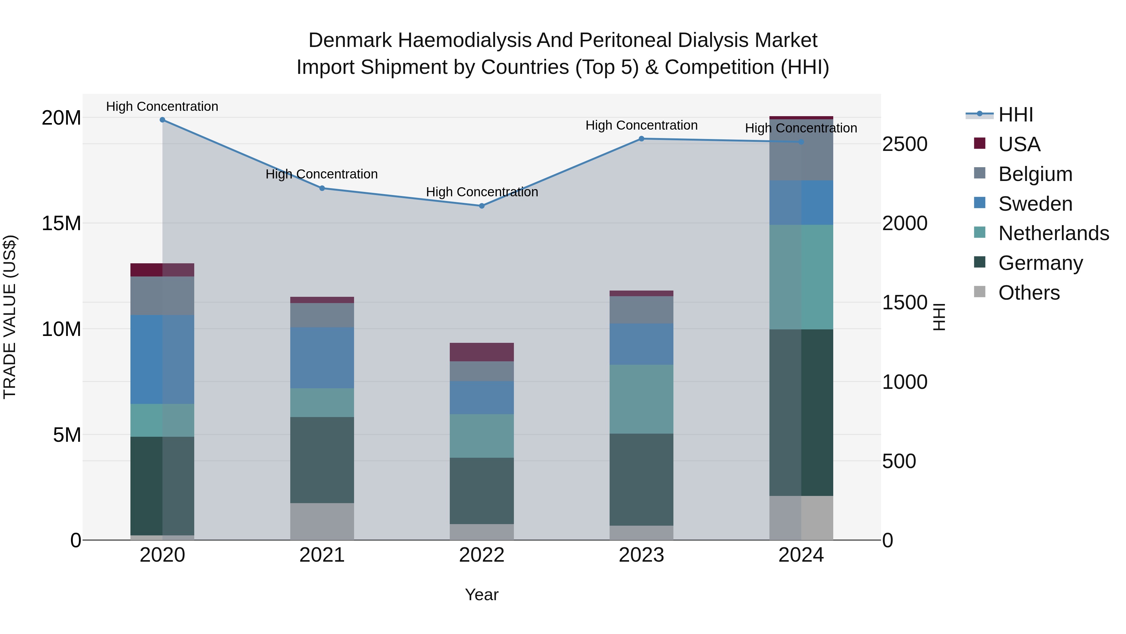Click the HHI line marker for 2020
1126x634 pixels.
[162, 120]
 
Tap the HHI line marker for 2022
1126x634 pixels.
[482, 206]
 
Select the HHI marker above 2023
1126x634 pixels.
[641, 139]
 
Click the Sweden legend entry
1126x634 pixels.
[1035, 204]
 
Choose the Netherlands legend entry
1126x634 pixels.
[1053, 233]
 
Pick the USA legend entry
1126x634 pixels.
[1019, 144]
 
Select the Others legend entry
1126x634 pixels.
[1029, 293]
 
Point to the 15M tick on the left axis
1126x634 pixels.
[61, 223]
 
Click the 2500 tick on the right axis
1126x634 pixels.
[904, 144]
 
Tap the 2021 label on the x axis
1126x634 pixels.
[322, 555]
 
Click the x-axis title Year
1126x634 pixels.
[482, 595]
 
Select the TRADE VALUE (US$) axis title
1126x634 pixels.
[10, 317]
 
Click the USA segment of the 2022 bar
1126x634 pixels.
[482, 352]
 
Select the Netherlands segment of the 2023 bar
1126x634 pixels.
[641, 399]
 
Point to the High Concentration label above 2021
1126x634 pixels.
[322, 174]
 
